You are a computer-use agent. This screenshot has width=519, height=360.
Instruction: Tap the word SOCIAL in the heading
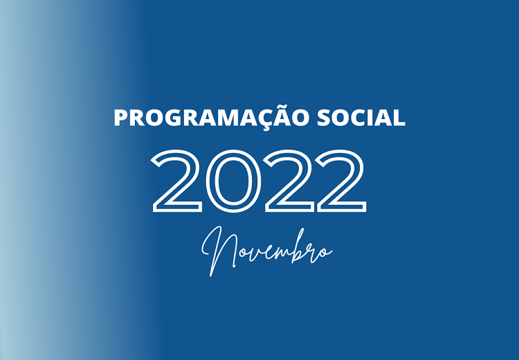[x=361, y=118]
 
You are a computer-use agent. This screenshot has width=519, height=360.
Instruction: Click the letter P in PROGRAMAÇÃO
[x=121, y=118]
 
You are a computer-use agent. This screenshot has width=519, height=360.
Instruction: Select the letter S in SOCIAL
[x=324, y=118]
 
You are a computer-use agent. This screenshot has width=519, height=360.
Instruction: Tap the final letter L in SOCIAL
[x=400, y=118]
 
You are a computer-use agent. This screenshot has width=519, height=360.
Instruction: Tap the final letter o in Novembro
[x=326, y=253]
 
